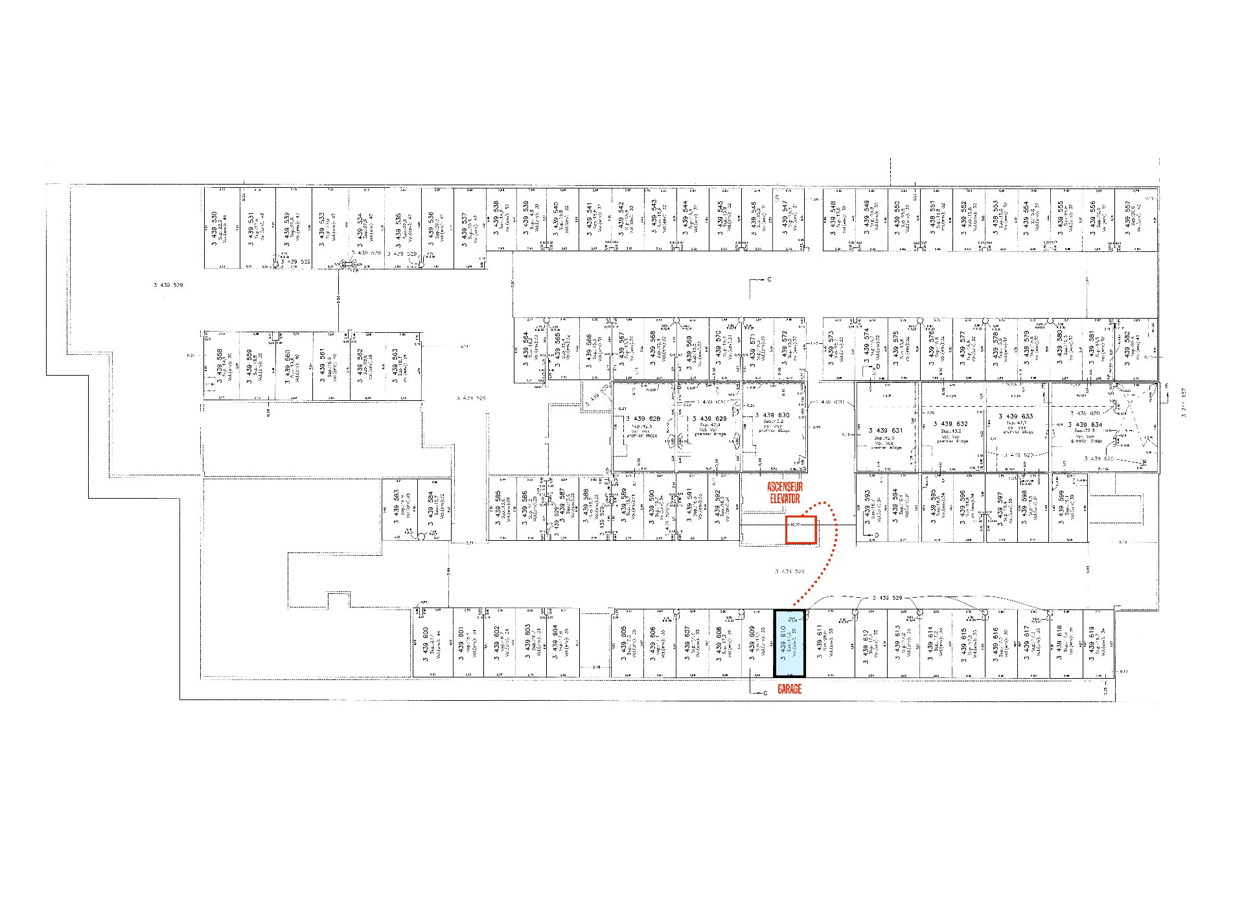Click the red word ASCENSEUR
coord(785,486)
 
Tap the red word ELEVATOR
coord(785,498)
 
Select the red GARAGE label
coord(789,690)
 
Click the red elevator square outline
coord(801,530)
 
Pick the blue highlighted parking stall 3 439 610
coord(789,643)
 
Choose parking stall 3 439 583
coord(399,509)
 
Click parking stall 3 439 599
coord(1066,508)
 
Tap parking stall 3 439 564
coord(530,349)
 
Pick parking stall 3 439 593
coord(871,508)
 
